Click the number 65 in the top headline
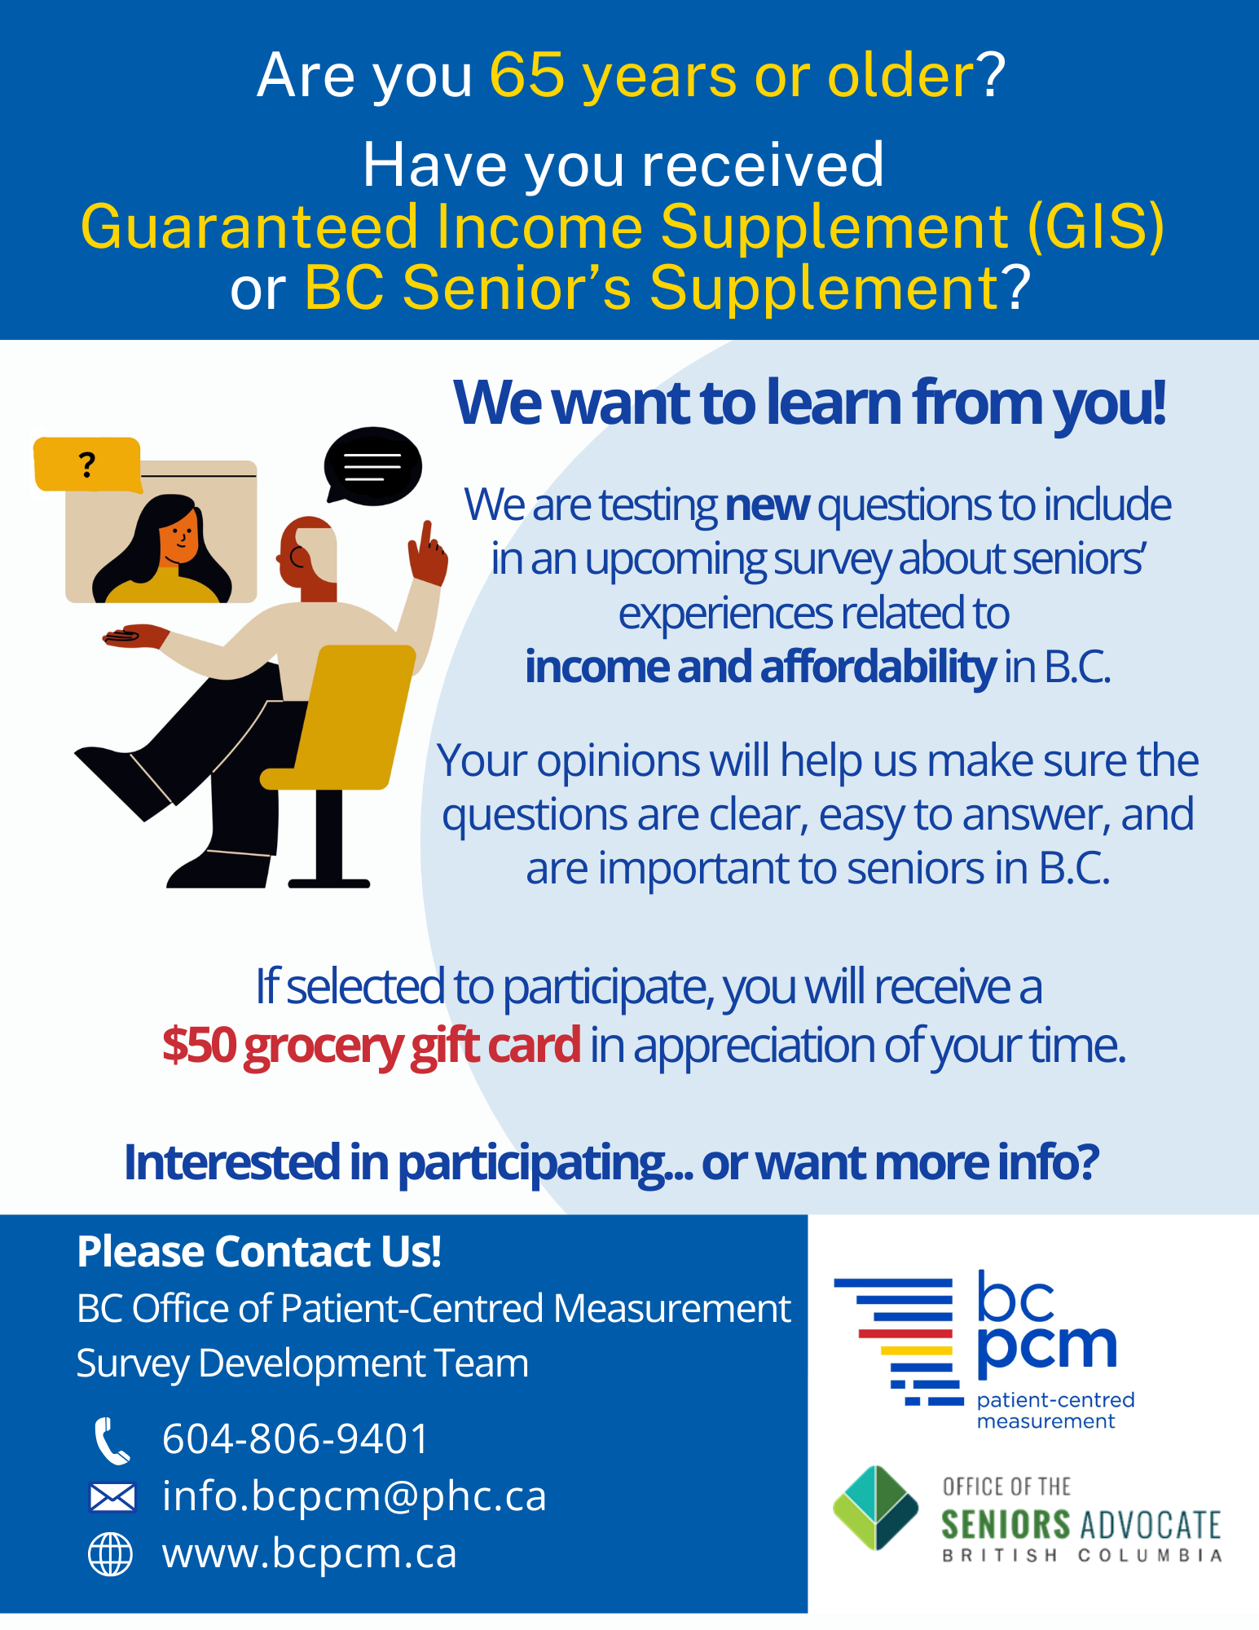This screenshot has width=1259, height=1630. pyautogui.click(x=527, y=75)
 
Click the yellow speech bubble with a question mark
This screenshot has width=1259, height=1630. pyautogui.click(x=87, y=465)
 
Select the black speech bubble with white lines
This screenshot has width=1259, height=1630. pyautogui.click(x=372, y=466)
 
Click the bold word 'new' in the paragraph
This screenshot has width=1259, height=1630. pyautogui.click(x=767, y=505)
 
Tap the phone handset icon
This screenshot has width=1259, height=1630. pyautogui.click(x=112, y=1441)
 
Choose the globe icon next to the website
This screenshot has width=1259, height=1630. pyautogui.click(x=110, y=1554)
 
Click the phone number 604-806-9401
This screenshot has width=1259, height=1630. pyautogui.click(x=295, y=1438)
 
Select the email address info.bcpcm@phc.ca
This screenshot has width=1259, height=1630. pyautogui.click(x=354, y=1496)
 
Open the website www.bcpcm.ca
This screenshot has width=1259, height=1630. pyautogui.click(x=310, y=1553)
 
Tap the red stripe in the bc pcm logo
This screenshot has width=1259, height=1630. pyautogui.click(x=905, y=1334)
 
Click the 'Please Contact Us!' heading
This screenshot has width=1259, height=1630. pyautogui.click(x=259, y=1252)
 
